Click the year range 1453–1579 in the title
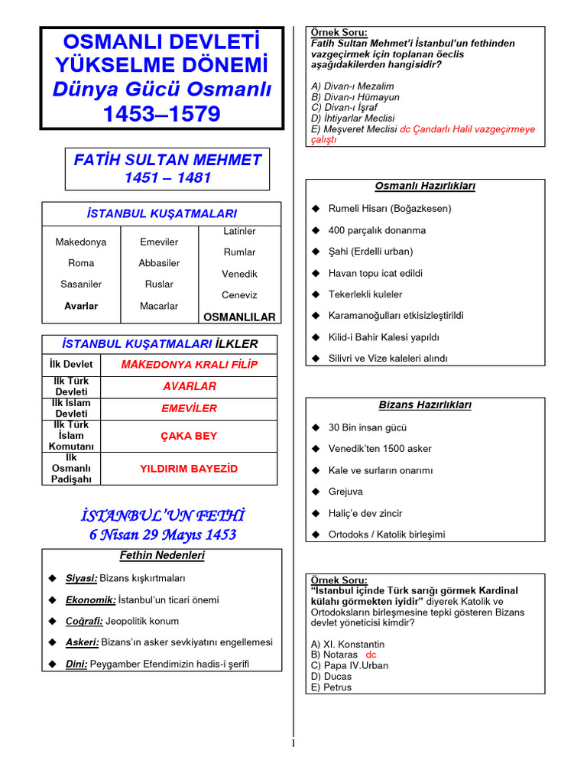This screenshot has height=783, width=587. (161, 115)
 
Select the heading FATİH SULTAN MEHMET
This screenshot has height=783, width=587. (167, 160)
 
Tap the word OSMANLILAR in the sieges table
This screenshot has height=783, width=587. (238, 317)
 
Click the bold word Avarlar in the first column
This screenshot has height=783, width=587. (80, 306)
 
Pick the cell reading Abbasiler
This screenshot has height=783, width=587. (159, 263)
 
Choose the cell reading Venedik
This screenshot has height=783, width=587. (239, 274)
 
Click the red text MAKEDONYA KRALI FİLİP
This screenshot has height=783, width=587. (189, 365)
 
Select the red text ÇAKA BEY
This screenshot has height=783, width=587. (189, 436)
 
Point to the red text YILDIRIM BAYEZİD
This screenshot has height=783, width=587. (189, 468)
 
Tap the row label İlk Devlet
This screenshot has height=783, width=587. (71, 365)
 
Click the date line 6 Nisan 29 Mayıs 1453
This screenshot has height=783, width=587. (162, 535)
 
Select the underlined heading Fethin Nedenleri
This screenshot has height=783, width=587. (162, 556)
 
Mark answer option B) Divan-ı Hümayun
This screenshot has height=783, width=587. (355, 97)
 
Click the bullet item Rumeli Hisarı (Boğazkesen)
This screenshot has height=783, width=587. (390, 209)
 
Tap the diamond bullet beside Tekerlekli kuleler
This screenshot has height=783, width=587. (314, 294)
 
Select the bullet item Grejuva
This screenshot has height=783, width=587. (345, 492)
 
